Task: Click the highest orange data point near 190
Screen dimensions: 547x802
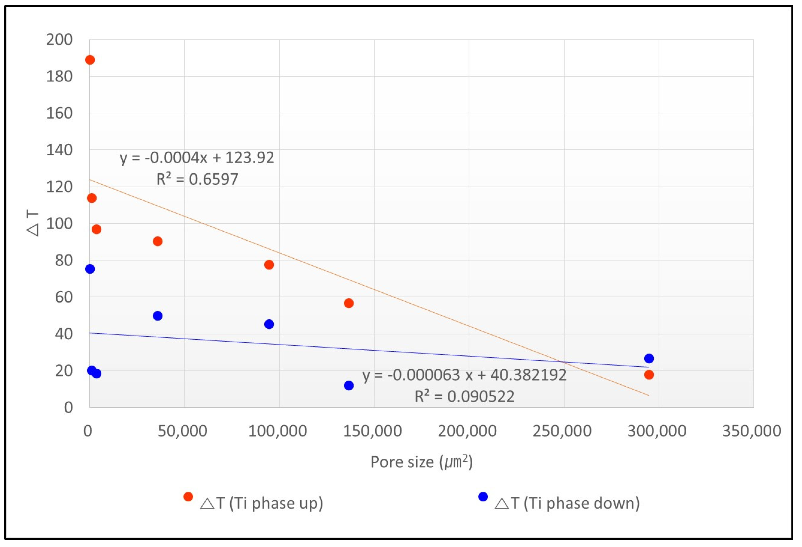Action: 90,60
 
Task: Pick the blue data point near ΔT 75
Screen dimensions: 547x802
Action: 90,269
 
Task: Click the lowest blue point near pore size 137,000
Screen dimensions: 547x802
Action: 348,385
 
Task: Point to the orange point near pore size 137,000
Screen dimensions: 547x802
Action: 348,303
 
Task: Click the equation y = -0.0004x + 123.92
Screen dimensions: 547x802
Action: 197,158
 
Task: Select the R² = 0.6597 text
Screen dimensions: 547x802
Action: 197,179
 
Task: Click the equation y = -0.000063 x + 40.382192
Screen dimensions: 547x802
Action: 464,375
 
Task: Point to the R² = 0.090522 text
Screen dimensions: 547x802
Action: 464,396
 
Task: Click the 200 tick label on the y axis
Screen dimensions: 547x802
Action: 59,40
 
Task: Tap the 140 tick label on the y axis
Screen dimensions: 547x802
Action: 59,150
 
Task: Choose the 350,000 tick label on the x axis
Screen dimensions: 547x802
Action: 752,431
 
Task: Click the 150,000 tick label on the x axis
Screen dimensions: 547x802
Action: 372,431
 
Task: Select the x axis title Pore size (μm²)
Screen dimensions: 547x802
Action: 421,462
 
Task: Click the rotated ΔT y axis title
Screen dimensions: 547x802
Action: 33,224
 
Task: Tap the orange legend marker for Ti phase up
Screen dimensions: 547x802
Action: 188,497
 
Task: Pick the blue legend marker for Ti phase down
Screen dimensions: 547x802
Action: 483,497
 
